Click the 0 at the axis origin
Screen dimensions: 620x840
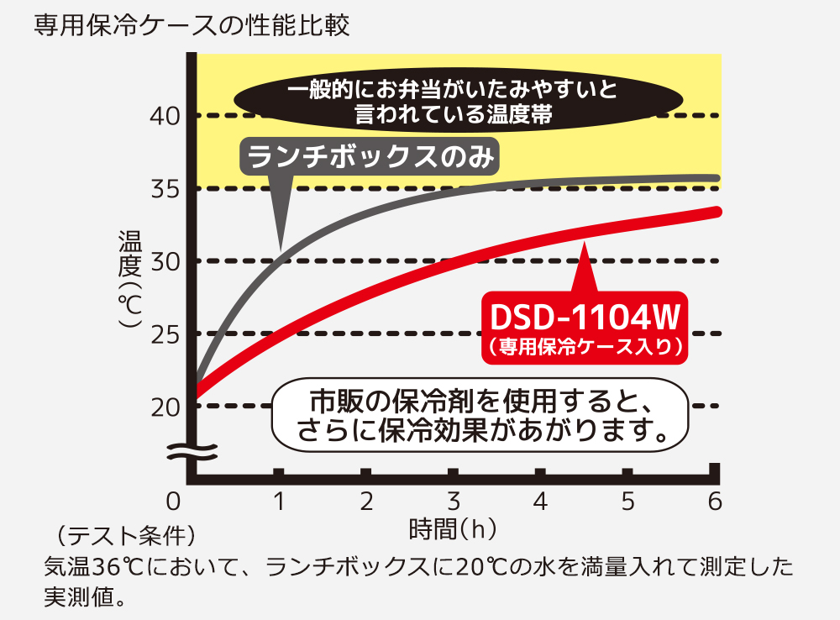[x=174, y=502]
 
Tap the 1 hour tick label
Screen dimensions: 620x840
[x=279, y=502]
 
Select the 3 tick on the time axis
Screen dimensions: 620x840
[x=454, y=502]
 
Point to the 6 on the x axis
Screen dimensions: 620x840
[x=715, y=502]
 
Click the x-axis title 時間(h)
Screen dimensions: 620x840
[x=453, y=529]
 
